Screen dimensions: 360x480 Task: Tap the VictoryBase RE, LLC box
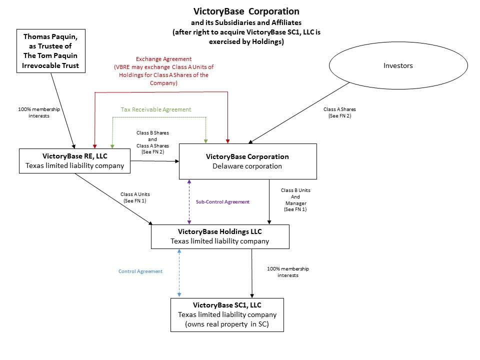click(x=74, y=160)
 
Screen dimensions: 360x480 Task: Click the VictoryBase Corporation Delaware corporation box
click(x=247, y=161)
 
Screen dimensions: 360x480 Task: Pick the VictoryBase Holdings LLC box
click(x=220, y=236)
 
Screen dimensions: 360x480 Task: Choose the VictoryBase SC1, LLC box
click(x=227, y=314)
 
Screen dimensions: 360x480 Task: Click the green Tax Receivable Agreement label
click(x=155, y=109)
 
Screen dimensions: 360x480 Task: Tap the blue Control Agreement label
click(x=140, y=271)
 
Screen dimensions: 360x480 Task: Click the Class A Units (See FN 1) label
click(x=135, y=197)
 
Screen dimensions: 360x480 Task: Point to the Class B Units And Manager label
click(x=296, y=200)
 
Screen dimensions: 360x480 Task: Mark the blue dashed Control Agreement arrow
click(x=179, y=272)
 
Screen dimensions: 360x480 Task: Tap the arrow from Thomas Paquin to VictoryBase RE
click(x=63, y=109)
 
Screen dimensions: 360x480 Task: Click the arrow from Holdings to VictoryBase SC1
click(x=251, y=272)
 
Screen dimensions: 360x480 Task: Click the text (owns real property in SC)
click(x=227, y=324)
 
